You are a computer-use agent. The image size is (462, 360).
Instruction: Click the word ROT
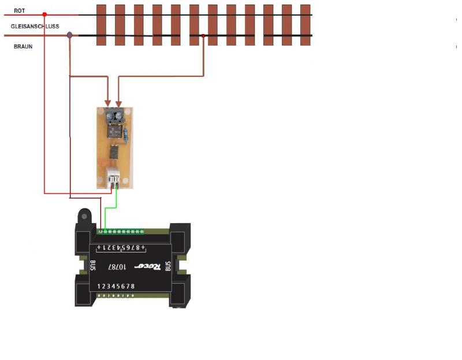click(x=19, y=10)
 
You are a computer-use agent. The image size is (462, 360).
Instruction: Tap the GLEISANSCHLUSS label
click(x=35, y=26)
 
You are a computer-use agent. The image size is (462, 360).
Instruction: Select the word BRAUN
click(x=23, y=47)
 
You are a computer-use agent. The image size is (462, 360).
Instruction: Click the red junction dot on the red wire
click(x=44, y=14)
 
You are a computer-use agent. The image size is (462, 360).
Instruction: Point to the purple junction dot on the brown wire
click(x=69, y=35)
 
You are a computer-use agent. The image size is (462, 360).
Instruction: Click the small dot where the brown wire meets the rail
click(x=203, y=36)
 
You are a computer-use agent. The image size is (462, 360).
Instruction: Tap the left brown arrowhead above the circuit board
click(x=108, y=103)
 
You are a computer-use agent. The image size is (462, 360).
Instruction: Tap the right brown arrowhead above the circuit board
click(x=118, y=104)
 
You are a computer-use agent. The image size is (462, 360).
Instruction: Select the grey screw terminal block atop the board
click(x=114, y=116)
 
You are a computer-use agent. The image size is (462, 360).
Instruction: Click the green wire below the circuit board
click(x=111, y=207)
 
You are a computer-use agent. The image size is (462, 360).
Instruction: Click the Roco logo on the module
click(x=148, y=266)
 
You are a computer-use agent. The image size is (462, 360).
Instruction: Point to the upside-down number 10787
click(x=117, y=267)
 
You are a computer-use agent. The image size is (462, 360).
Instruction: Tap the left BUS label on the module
click(x=92, y=265)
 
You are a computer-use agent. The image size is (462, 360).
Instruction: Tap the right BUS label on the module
click(x=168, y=266)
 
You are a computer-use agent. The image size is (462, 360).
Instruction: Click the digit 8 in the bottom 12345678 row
click(x=133, y=286)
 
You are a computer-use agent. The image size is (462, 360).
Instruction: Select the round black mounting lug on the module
click(x=84, y=217)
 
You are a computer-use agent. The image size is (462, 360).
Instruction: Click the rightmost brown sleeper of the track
click(x=305, y=25)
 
